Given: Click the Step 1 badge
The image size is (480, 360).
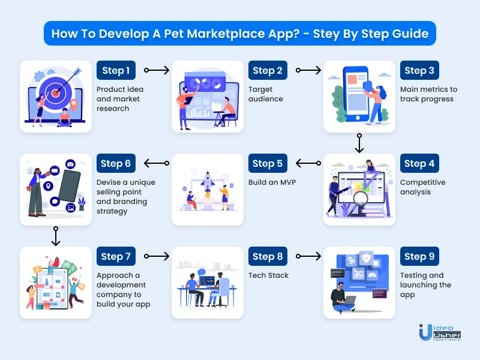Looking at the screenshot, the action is (x=116, y=70).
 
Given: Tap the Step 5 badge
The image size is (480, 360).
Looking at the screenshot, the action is (x=268, y=163).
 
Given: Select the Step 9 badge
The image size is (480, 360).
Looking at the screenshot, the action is (x=419, y=256).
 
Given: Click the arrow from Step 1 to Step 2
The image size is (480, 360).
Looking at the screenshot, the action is (x=157, y=70).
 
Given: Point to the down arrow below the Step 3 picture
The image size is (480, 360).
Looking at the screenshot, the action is (x=359, y=143).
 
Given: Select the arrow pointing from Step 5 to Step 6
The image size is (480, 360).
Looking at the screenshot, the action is (x=157, y=163).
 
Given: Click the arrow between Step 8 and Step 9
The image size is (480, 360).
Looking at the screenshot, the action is (x=308, y=256).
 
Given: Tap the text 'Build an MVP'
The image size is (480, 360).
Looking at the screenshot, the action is (x=272, y=182).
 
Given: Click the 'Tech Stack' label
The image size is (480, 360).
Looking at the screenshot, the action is (x=268, y=275).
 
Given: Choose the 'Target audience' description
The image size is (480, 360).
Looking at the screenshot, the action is (x=266, y=94).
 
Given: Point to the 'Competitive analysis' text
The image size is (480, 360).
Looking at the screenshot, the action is (x=423, y=187).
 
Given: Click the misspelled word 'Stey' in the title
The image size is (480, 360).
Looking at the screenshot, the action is (x=325, y=34).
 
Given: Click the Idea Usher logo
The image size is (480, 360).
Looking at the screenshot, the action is (x=440, y=332).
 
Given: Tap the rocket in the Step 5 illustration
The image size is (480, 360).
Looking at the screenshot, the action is (x=208, y=185).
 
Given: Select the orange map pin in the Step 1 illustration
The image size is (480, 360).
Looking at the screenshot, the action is (x=73, y=105).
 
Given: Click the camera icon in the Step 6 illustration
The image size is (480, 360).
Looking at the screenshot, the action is (x=70, y=164).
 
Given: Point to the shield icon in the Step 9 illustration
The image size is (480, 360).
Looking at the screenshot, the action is (x=366, y=259).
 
